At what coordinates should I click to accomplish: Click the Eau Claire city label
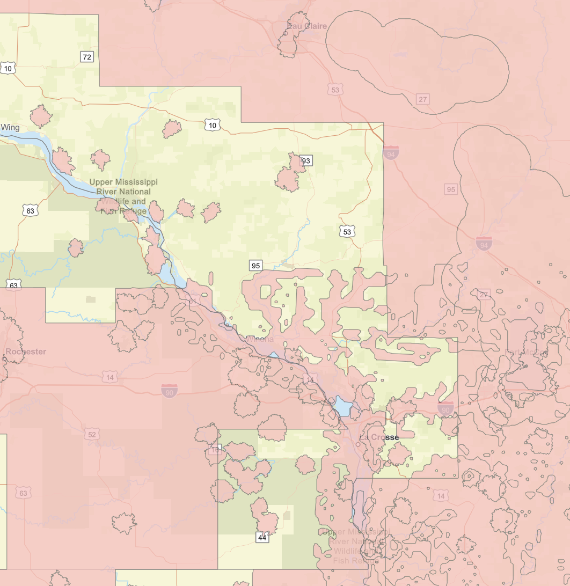click(x=308, y=26)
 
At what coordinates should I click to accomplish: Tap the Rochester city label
click(x=26, y=351)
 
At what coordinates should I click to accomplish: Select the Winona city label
click(x=260, y=339)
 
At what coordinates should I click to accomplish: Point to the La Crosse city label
click(x=379, y=437)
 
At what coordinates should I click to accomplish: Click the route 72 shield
click(x=87, y=57)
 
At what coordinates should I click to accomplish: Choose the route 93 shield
click(x=306, y=160)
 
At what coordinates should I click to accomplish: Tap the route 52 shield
click(x=92, y=434)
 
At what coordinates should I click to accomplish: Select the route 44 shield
click(x=262, y=537)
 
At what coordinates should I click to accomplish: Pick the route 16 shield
click(x=216, y=450)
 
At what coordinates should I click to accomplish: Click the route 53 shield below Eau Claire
click(x=335, y=90)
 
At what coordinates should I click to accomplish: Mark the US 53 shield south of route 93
click(x=347, y=231)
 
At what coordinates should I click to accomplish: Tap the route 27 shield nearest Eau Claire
click(x=423, y=99)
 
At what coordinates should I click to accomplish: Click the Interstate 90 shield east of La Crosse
click(x=445, y=409)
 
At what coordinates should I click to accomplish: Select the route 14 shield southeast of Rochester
click(x=110, y=378)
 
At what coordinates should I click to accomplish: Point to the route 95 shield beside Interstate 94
click(x=451, y=189)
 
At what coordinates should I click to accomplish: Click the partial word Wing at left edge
click(x=10, y=127)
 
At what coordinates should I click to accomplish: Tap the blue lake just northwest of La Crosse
click(x=342, y=406)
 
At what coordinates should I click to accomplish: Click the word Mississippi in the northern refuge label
click(x=131, y=182)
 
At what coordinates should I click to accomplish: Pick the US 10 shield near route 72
click(x=8, y=68)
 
